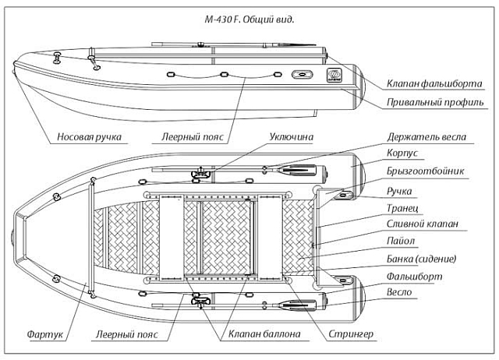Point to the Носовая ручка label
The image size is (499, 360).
pyautogui.click(x=89, y=137)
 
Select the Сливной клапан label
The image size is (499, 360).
pyautogui.click(x=422, y=224)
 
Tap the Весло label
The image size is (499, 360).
pyautogui.click(x=400, y=293)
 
